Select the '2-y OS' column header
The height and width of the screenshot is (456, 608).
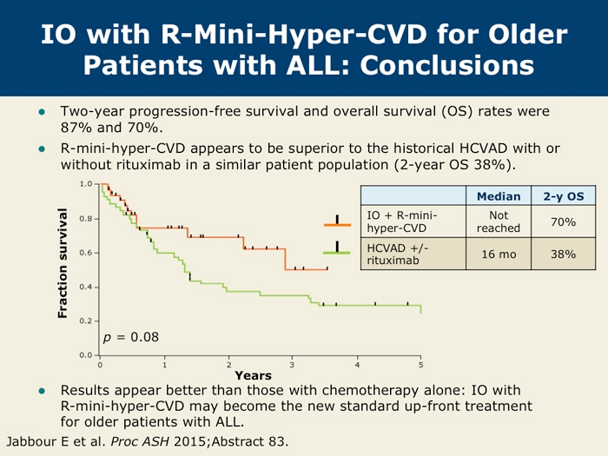click(x=563, y=196)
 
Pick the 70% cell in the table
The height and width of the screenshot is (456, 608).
click(x=563, y=222)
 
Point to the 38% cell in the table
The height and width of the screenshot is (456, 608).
click(x=563, y=254)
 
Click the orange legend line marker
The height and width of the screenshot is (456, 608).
click(x=336, y=225)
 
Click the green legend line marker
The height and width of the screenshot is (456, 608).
click(x=336, y=251)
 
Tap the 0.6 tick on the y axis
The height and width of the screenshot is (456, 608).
click(x=85, y=253)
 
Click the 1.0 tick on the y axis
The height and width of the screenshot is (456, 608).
click(x=85, y=184)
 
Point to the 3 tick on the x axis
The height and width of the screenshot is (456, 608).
click(x=293, y=363)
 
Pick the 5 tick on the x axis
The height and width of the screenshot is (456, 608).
click(x=420, y=363)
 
